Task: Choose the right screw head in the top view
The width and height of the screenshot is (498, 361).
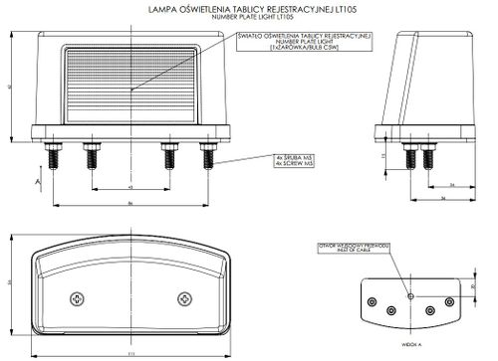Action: point(183,299)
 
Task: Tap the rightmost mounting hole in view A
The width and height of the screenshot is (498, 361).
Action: point(449,302)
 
